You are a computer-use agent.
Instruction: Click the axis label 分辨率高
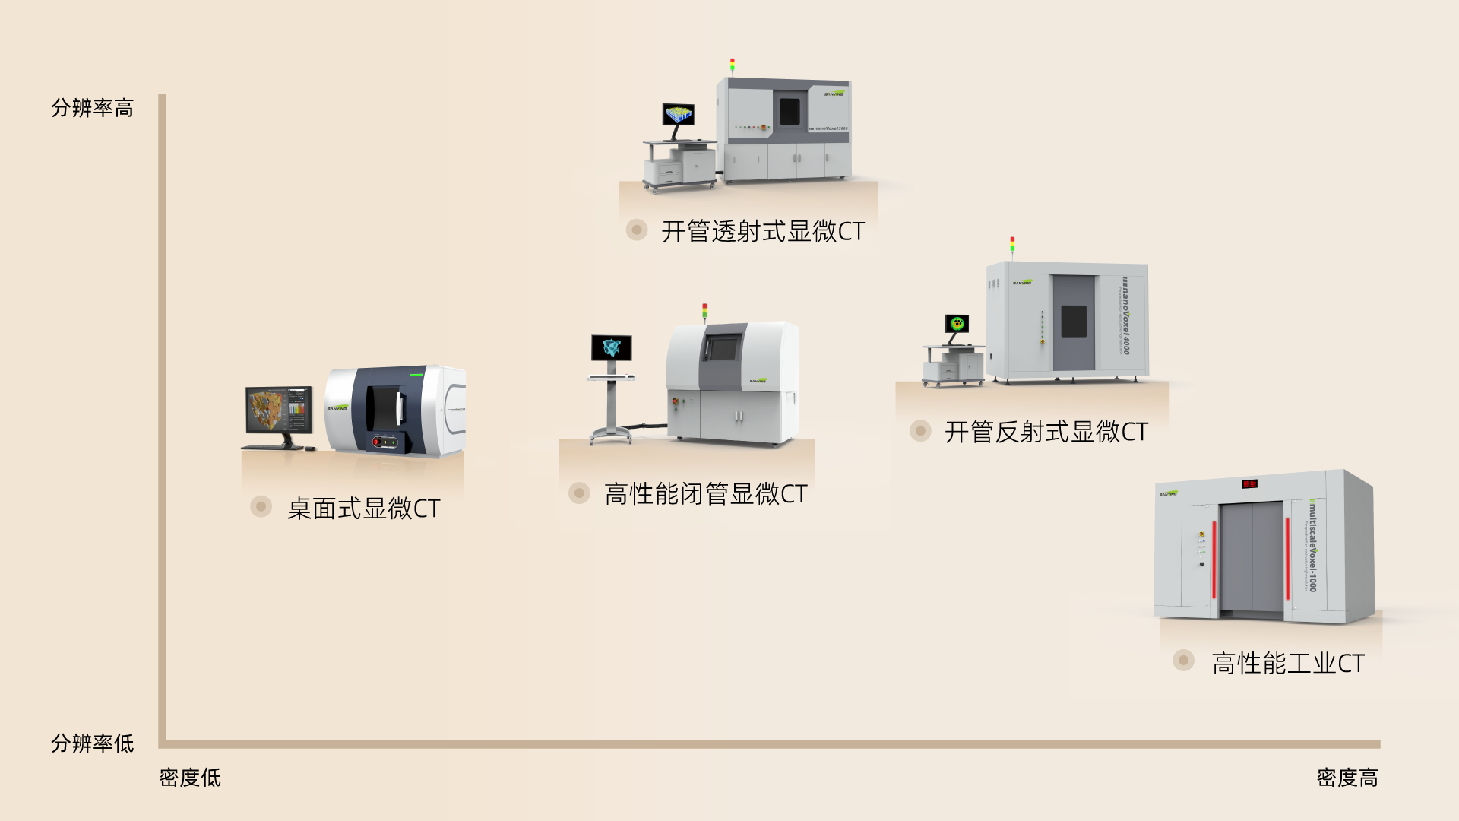click(92, 108)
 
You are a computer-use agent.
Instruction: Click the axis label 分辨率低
click(92, 743)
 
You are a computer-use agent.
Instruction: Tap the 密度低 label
click(190, 778)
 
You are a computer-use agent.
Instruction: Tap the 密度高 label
click(1347, 778)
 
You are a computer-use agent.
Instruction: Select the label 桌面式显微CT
click(363, 509)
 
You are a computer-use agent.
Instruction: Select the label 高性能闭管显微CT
click(705, 494)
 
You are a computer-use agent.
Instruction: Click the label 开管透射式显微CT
click(763, 231)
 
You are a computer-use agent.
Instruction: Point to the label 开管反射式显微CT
click(1046, 432)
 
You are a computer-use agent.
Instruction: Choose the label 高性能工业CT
click(1288, 664)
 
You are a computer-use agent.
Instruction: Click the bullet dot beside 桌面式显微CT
click(261, 506)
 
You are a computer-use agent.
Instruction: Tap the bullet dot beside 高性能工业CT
click(1183, 660)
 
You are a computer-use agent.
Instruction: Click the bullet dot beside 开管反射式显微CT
click(920, 431)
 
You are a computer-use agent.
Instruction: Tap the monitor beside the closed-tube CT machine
click(612, 348)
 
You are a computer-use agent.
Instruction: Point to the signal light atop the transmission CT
click(733, 65)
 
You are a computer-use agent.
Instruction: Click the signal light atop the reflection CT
click(1012, 243)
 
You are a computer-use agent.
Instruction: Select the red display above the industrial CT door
click(1250, 483)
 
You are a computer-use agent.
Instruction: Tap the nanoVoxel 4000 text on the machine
click(1125, 315)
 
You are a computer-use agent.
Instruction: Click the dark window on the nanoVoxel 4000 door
click(1073, 321)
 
